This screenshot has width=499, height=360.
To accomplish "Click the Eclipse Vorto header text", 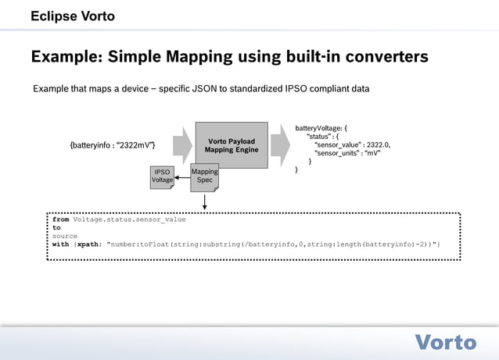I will click(x=72, y=16).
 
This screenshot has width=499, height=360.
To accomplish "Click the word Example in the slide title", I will click(x=65, y=57).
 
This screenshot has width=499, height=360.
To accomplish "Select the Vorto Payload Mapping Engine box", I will click(x=231, y=145).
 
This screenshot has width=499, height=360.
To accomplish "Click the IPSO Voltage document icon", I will click(x=162, y=176).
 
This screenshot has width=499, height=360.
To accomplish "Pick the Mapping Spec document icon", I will click(x=204, y=176).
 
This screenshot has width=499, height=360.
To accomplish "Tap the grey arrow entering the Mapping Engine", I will click(x=181, y=145).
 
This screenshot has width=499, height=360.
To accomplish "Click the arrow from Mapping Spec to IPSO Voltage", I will click(x=181, y=177).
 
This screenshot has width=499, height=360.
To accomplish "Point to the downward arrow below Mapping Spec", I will click(x=204, y=201).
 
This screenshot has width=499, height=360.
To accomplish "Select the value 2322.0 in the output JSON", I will click(x=377, y=144).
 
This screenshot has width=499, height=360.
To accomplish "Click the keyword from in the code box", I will click(x=61, y=219).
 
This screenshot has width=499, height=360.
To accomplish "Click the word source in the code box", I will click(x=65, y=236).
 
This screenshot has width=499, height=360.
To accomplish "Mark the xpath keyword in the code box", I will click(x=88, y=244).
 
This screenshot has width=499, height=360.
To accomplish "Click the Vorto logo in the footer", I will click(x=445, y=342).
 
